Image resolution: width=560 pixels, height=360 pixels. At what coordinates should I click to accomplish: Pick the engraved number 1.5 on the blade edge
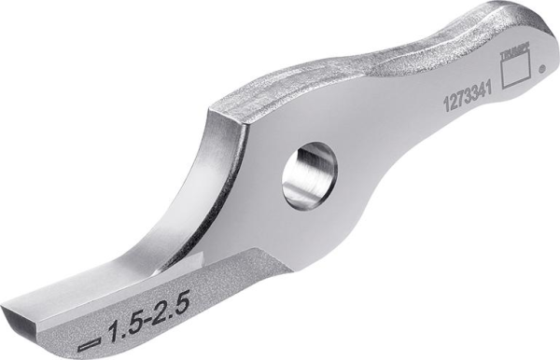(127, 326)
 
